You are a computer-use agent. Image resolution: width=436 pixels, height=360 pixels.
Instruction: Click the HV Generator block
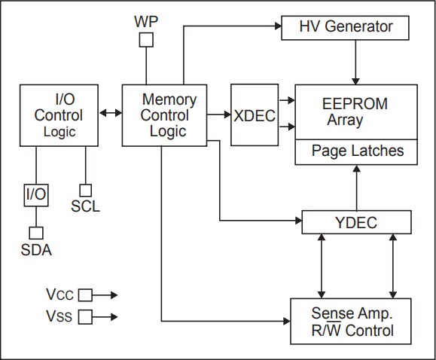tap(346, 27)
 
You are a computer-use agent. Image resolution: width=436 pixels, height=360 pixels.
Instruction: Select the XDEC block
tap(254, 115)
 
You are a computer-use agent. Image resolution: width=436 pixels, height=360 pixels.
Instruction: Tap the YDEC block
tap(356, 222)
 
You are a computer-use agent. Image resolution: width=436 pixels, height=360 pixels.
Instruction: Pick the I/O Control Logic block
tap(59, 115)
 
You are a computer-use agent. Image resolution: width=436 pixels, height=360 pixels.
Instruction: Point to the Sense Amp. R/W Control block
tap(352, 321)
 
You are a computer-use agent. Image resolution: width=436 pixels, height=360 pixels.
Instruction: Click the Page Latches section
tap(357, 151)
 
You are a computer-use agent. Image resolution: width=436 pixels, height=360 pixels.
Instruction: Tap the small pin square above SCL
tap(87, 190)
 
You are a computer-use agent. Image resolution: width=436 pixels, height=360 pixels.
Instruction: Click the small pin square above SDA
tap(36, 233)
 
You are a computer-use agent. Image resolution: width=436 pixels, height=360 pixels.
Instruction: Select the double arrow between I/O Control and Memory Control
tap(111, 114)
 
